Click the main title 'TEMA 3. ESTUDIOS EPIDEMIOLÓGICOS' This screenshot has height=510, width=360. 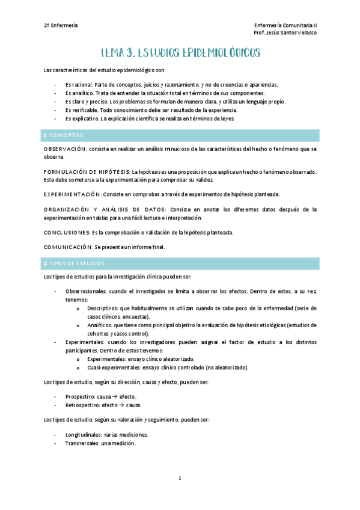click(180, 53)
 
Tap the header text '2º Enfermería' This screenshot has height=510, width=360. click(60, 25)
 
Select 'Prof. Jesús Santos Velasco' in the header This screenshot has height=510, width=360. click(285, 32)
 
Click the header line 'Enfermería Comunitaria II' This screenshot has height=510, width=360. click(286, 25)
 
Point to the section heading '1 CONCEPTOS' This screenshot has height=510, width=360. click(64, 135)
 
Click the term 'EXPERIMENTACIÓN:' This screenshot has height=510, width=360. click(73, 194)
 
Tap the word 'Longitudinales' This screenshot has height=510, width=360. click(84, 434)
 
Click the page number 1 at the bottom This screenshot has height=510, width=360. click(180, 478)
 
